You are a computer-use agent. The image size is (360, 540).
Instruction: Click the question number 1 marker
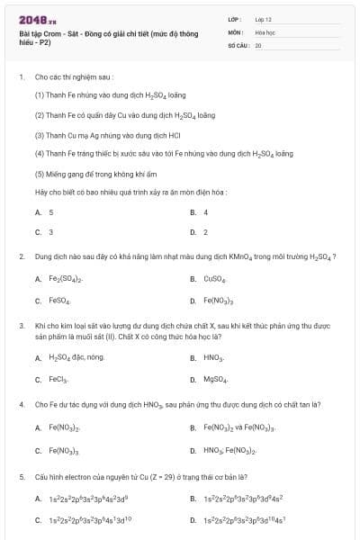point(21,77)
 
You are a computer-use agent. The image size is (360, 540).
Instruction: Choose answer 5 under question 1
point(51,212)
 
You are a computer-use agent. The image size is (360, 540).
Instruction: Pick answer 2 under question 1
point(206,232)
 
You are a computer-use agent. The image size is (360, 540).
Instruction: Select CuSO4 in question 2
point(214,279)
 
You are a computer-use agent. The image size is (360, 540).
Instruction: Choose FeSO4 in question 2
point(59,301)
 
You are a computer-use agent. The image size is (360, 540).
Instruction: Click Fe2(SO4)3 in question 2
point(64,279)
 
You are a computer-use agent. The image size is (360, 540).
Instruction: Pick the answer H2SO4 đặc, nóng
point(76,357)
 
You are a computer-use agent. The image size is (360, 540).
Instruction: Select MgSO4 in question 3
point(215,379)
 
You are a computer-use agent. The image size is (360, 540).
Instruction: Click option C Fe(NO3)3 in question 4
point(64,450)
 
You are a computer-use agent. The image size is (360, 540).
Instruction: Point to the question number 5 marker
point(21,476)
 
